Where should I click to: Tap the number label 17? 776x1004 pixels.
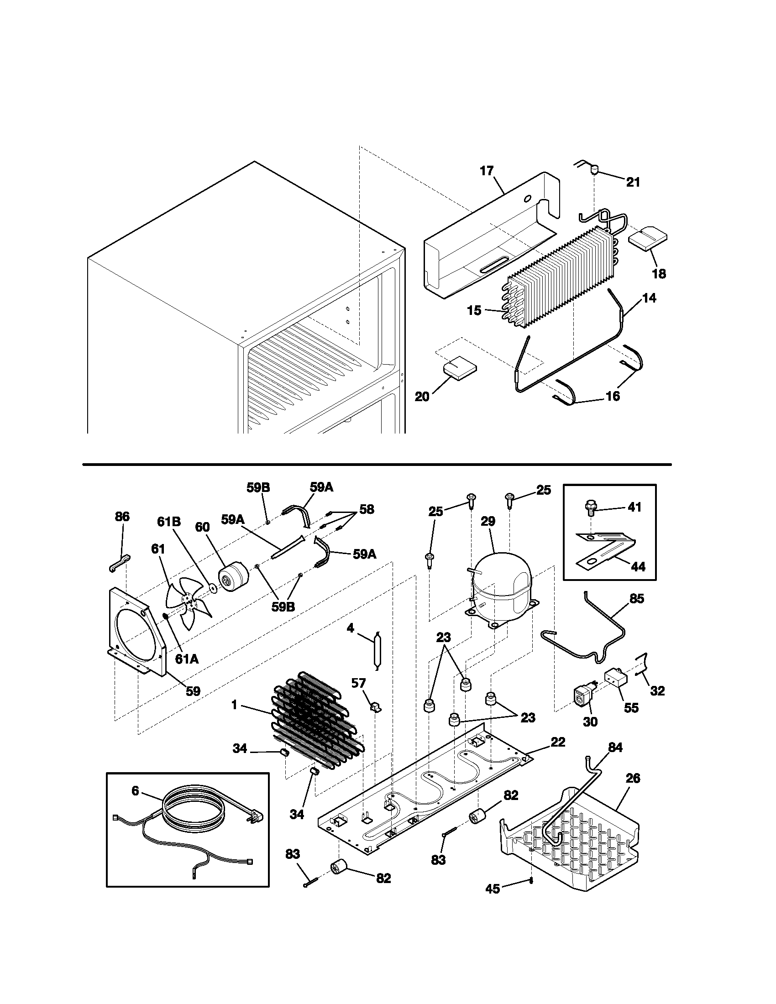coord(487,171)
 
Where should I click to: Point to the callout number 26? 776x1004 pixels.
coord(633,778)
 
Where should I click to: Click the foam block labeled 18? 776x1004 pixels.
coord(648,240)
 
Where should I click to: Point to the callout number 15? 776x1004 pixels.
coord(474,311)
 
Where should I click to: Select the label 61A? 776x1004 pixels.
coord(187,659)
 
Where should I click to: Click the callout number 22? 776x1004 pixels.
coord(558,742)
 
